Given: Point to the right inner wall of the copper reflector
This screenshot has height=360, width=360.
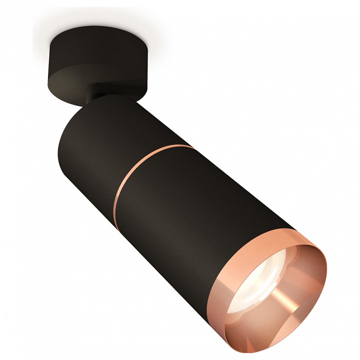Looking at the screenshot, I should (310, 280).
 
